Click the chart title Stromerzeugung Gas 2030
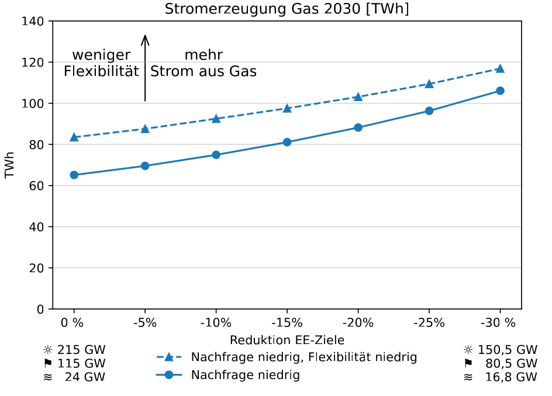click(x=287, y=9)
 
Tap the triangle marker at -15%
click(x=287, y=108)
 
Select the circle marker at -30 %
click(x=500, y=91)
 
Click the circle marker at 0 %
click(x=74, y=175)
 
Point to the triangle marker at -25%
click(x=429, y=84)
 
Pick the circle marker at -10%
click(x=216, y=155)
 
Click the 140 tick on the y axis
click(x=37, y=22)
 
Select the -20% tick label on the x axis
click(x=358, y=323)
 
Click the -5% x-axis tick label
click(x=145, y=323)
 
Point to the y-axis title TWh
click(x=9, y=165)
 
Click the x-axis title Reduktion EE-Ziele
click(x=287, y=340)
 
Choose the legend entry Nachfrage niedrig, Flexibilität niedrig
click(x=304, y=357)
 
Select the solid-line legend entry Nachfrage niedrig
click(x=246, y=375)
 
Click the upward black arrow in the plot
click(x=145, y=67)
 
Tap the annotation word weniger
click(x=101, y=55)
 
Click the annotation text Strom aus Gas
click(x=203, y=71)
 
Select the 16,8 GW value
click(x=510, y=377)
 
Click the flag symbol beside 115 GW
click(x=47, y=364)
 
